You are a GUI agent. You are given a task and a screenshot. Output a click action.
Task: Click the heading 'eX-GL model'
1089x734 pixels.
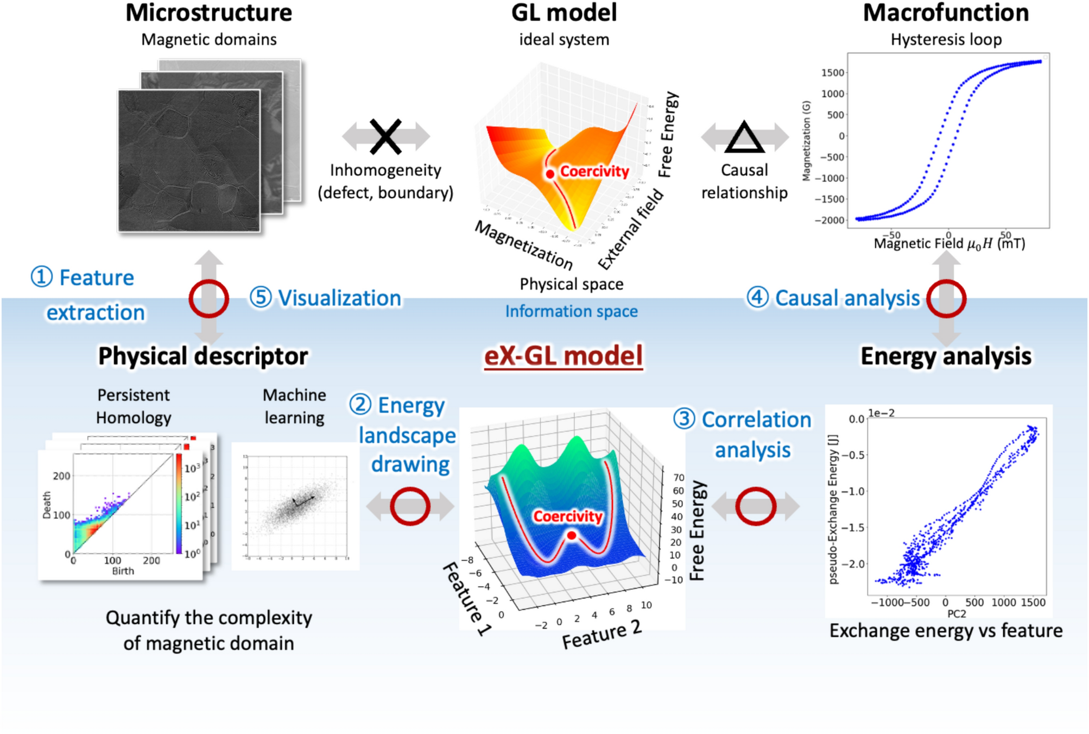click(563, 356)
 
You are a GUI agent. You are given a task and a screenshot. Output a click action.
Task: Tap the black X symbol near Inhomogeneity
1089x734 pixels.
click(385, 136)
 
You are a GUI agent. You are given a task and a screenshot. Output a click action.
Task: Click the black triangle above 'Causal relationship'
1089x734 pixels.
click(744, 137)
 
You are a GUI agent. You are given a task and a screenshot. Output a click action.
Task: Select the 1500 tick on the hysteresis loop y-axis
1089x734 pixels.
click(832, 73)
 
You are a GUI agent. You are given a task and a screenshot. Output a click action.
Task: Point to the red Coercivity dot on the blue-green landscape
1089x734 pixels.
click(571, 536)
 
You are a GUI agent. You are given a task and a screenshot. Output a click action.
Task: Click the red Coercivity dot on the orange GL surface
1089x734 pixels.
click(550, 174)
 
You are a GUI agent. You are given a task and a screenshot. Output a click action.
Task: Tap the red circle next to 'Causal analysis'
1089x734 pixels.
click(946, 298)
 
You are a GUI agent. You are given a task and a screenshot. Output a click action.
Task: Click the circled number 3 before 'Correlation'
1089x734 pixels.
click(684, 419)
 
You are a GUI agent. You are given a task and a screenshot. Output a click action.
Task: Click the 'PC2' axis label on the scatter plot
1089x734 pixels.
click(957, 614)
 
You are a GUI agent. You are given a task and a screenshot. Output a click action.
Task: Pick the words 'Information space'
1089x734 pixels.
click(571, 311)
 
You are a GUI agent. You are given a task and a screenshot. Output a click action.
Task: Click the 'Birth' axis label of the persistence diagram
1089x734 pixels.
click(123, 571)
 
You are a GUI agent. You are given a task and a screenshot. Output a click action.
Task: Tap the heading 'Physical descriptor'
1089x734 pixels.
click(203, 356)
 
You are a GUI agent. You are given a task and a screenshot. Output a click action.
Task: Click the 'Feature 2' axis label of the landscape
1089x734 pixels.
click(602, 635)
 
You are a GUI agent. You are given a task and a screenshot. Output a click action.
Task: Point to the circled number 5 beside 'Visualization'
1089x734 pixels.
click(261, 298)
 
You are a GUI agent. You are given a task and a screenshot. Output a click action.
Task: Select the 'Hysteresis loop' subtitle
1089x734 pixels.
click(946, 40)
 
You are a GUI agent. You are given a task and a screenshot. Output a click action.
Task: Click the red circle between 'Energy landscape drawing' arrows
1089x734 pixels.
click(410, 506)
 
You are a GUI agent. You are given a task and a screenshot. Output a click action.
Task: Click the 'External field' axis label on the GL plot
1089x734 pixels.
click(631, 229)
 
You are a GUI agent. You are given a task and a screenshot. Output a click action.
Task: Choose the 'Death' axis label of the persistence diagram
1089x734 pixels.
click(47, 505)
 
